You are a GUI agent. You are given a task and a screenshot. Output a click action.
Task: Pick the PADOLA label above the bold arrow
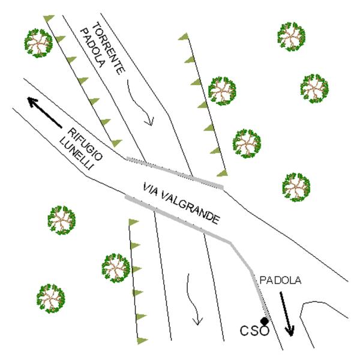(x=280, y=280)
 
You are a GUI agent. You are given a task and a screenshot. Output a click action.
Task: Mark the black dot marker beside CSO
(x=264, y=322)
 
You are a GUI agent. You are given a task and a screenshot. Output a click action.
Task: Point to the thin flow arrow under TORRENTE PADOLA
(x=144, y=108)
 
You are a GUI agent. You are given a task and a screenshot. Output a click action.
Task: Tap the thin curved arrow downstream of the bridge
(x=194, y=297)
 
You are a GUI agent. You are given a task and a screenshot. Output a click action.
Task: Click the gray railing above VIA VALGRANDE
(x=174, y=173)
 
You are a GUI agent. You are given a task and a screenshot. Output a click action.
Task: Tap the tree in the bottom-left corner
(x=50, y=298)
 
